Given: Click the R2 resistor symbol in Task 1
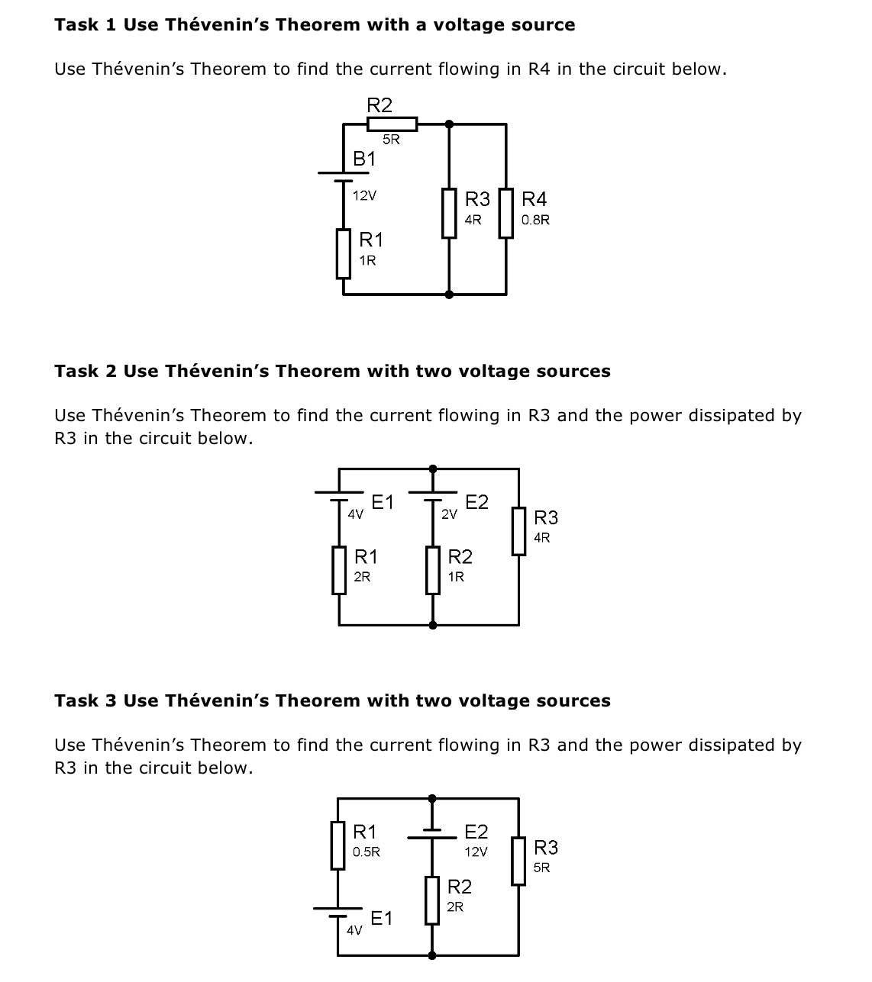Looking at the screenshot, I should coord(392,124).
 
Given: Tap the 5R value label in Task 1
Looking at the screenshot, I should coord(391,140).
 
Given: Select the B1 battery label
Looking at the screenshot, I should coord(364,159).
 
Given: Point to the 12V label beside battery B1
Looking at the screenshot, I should coord(364,195).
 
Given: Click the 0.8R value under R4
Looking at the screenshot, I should coord(535,220).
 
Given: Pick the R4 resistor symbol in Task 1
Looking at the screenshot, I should coord(505,213).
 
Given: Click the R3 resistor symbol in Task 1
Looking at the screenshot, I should coord(449,213).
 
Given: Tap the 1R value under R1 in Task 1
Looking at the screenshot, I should coord(367,260).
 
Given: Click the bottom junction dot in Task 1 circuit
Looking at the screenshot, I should coord(449,294).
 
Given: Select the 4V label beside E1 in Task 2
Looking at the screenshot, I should coord(355,514).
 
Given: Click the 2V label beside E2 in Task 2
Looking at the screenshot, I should coord(449,514).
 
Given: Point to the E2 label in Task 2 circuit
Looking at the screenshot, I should coord(476,501).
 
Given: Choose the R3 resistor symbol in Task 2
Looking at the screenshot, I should coord(518,531).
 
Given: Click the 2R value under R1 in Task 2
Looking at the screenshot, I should coord(362,577).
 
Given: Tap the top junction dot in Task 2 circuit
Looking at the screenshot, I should coord(433,468).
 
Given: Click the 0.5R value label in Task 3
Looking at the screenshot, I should coord(367,852).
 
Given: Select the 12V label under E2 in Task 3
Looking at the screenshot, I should coord(476,852).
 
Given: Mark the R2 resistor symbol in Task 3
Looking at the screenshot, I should coord(433,900).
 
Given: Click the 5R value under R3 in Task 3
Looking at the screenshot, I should coord(541,868).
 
